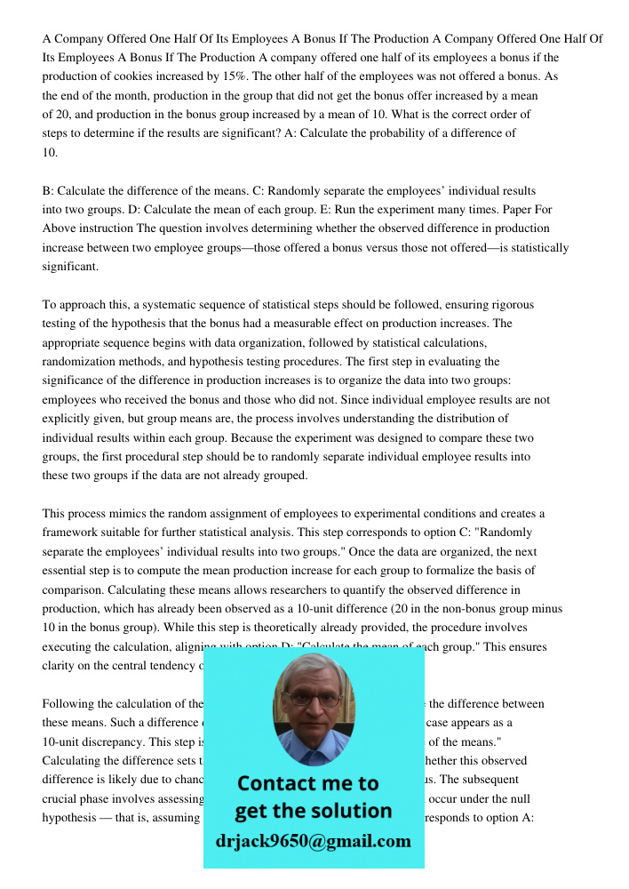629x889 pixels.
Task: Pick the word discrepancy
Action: [x=114, y=741]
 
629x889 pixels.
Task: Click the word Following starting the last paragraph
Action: [x=69, y=704]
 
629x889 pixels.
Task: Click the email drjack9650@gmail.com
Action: [x=314, y=841]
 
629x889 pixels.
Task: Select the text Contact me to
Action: [x=308, y=783]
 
